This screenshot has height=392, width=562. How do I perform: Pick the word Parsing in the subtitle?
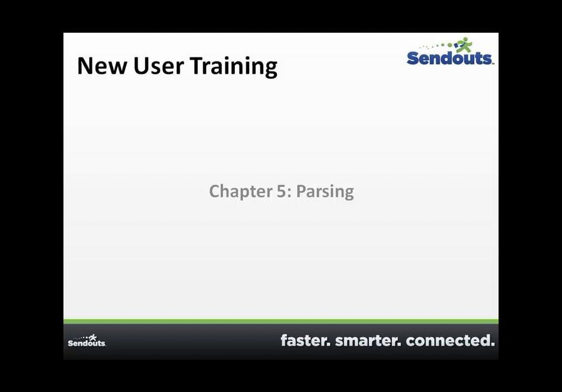[x=325, y=192]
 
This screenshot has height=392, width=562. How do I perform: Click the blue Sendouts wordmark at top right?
[x=450, y=58]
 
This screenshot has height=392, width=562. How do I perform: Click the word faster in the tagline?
[x=305, y=340]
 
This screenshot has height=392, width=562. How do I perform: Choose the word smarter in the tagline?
[x=368, y=340]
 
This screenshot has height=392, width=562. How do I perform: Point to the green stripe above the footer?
[x=281, y=321]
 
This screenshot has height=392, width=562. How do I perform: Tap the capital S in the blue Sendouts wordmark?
[x=413, y=58]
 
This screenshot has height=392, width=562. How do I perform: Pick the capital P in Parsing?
[x=301, y=191]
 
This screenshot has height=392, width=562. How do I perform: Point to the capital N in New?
[x=85, y=66]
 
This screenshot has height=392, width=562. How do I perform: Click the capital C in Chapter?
[x=214, y=191]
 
